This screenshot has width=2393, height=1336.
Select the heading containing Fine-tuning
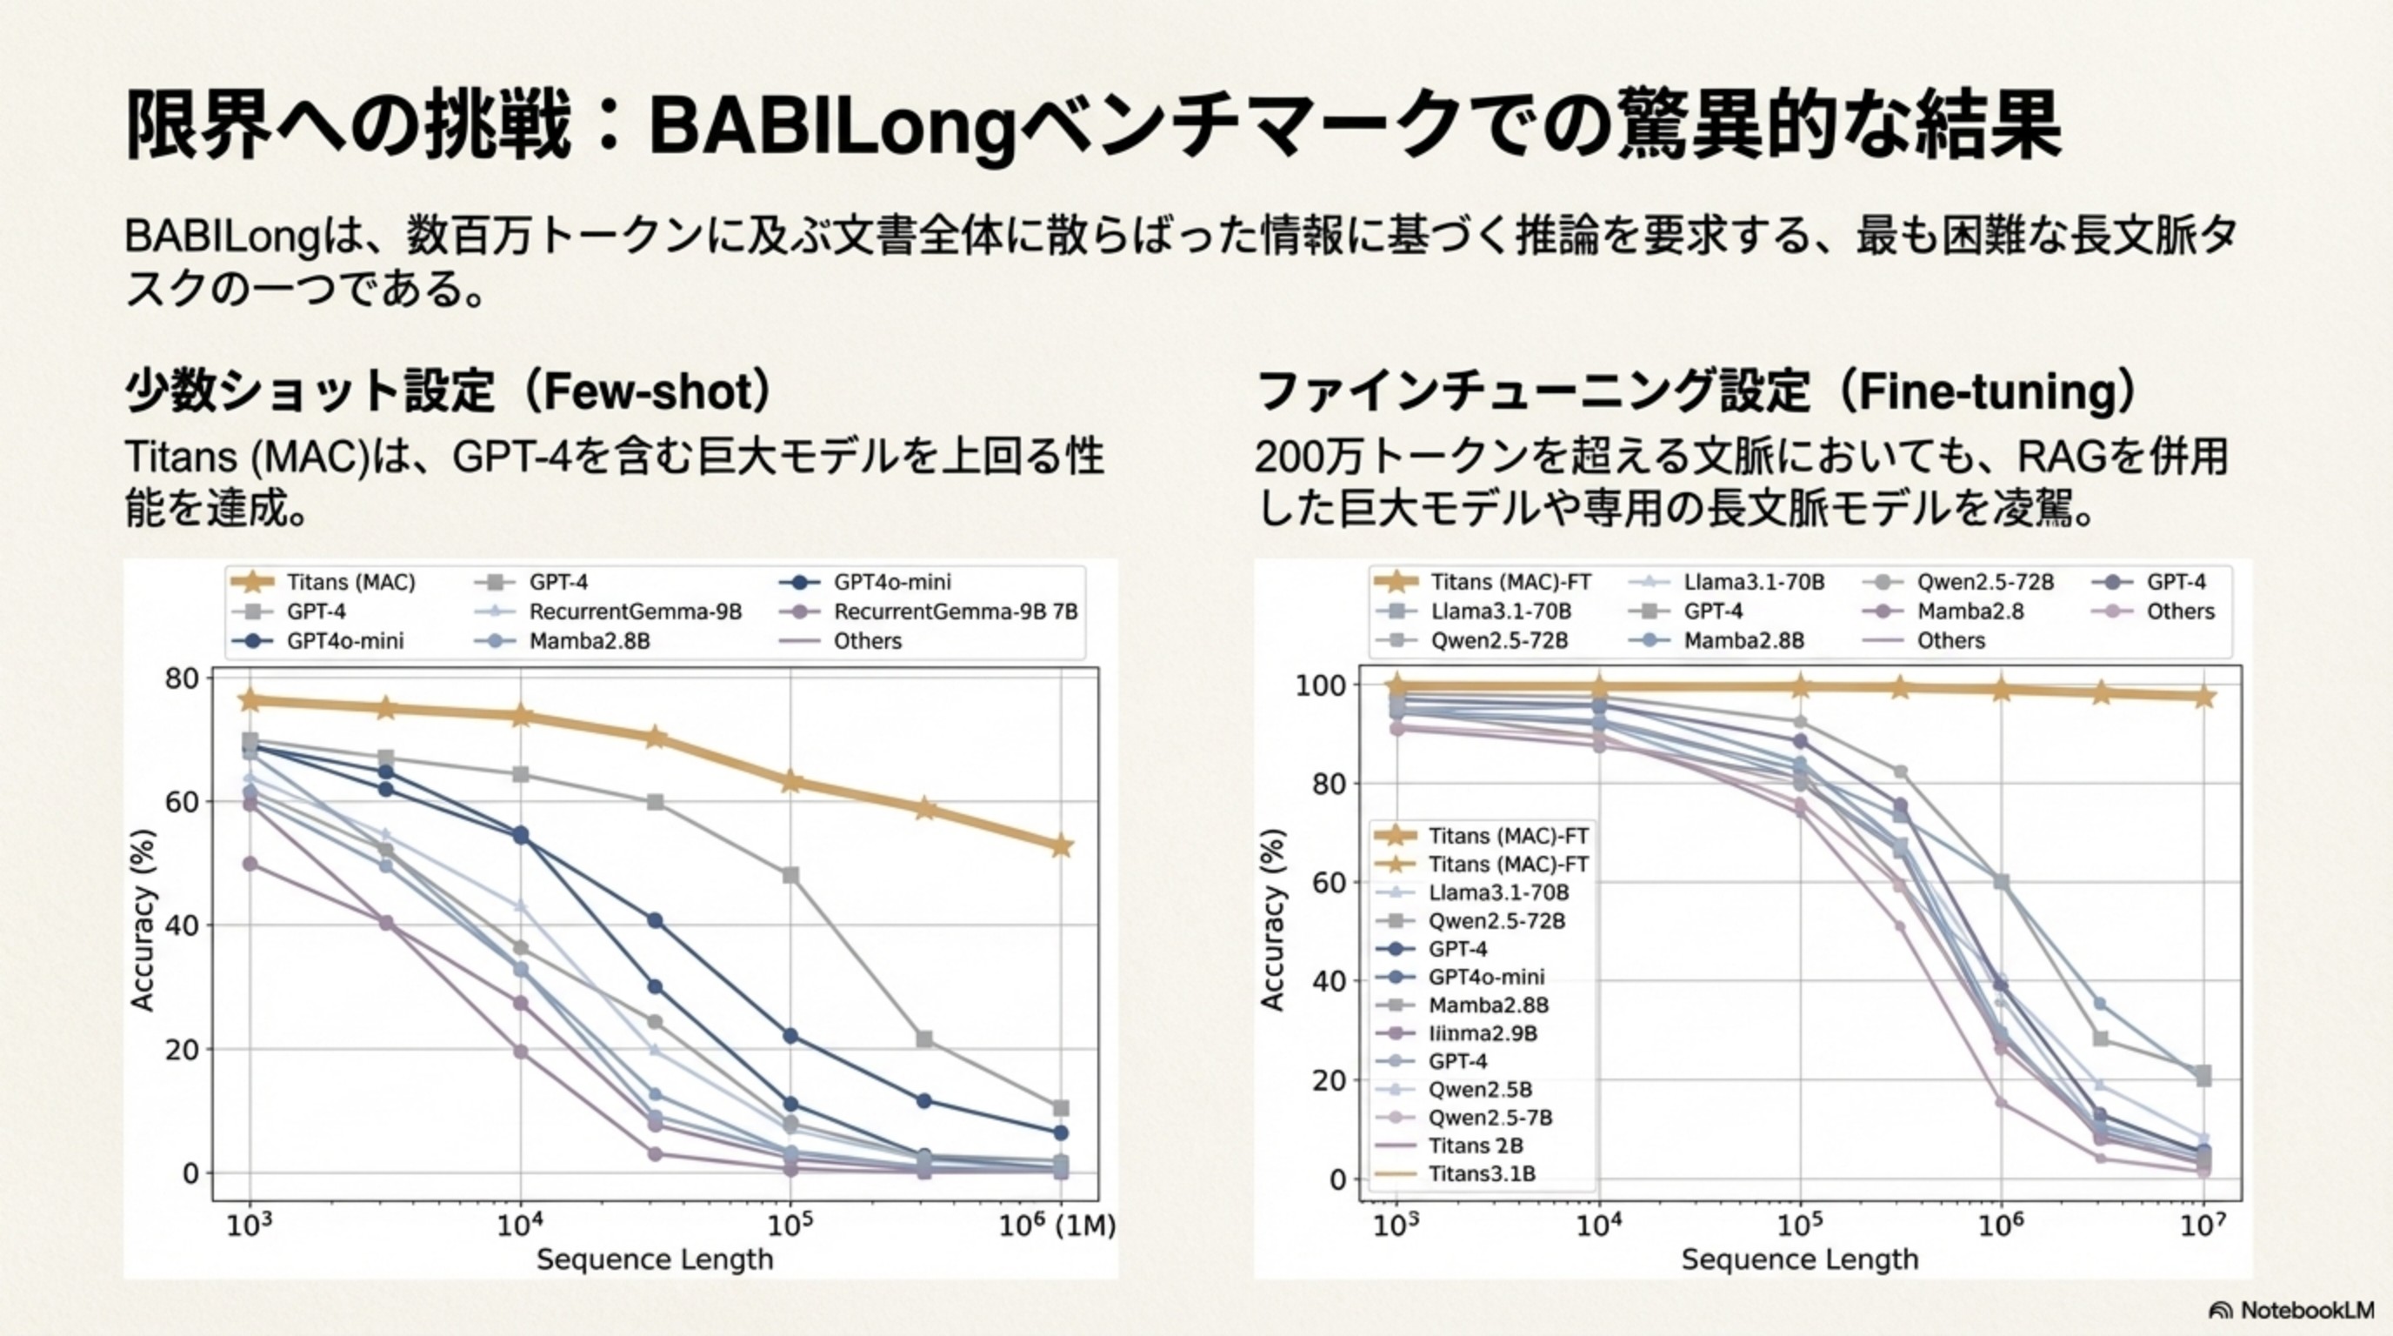coord(1696,391)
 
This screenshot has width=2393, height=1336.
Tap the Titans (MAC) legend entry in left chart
coord(350,583)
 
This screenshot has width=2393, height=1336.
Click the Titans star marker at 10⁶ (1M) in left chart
coord(1061,846)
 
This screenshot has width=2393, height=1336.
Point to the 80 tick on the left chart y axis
coord(182,678)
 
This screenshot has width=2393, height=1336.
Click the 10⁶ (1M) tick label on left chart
coord(1057,1226)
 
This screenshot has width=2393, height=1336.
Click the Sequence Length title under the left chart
coord(654,1259)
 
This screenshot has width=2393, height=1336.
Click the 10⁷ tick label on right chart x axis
coord(2203,1226)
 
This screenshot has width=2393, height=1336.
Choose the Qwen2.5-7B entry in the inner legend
coord(1490,1118)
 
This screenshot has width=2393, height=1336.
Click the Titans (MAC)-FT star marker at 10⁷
coord(2203,697)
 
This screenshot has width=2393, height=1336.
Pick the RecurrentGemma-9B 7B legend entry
coord(955,611)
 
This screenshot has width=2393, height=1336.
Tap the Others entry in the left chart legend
coord(867,641)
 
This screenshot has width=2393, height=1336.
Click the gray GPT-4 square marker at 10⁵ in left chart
coord(790,875)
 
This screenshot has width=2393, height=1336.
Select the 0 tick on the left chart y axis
coord(190,1173)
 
